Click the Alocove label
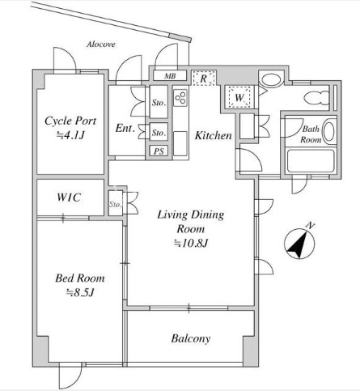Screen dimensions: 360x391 click(101, 45)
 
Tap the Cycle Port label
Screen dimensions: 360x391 click(70, 121)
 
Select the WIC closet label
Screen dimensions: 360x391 click(69, 198)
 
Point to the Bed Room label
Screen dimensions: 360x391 click(80, 278)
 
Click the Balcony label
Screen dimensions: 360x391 click(191, 338)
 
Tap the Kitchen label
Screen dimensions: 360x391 click(213, 135)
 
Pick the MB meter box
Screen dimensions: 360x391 click(170, 75)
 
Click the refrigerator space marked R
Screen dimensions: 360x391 click(204, 78)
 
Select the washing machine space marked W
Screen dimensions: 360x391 click(239, 97)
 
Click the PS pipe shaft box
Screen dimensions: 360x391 click(159, 151)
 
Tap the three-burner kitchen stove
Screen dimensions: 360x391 click(180, 97)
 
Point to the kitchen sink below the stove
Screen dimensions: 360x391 click(180, 143)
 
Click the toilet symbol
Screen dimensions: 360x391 click(317, 97)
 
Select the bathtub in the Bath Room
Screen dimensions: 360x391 click(311, 161)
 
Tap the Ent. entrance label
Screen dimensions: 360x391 click(125, 128)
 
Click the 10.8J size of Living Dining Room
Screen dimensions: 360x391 click(191, 244)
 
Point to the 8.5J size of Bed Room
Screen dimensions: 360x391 click(80, 292)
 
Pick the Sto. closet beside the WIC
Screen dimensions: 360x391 click(116, 204)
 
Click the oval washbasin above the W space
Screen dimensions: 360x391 click(271, 80)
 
